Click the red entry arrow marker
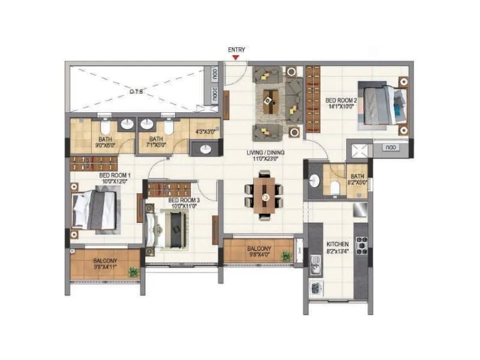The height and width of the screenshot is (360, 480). [x=236, y=58]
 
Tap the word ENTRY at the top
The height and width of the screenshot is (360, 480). [x=236, y=50]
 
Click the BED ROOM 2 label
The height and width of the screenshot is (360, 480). [x=341, y=104]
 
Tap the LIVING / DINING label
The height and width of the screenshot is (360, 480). [x=265, y=156]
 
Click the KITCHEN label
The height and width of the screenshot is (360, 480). [x=337, y=248]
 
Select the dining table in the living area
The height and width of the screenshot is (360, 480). [x=264, y=195]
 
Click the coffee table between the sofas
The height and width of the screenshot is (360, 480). [x=271, y=100]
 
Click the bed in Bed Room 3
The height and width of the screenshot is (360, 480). [x=170, y=229]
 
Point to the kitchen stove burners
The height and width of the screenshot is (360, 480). [x=362, y=245]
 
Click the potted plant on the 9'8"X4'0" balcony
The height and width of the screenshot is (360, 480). [x=286, y=257]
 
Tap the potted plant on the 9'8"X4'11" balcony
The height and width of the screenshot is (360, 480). [x=133, y=272]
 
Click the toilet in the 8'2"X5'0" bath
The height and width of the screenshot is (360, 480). [x=335, y=190]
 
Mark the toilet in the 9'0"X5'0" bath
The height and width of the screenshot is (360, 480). [x=105, y=127]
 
